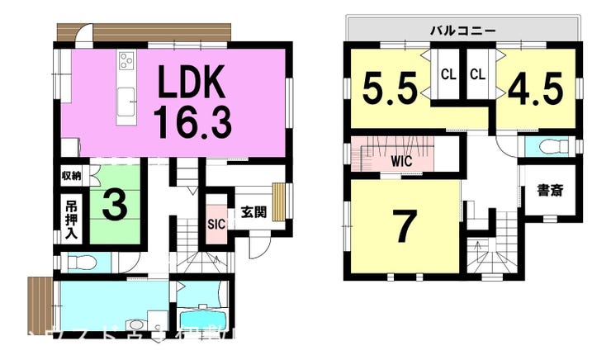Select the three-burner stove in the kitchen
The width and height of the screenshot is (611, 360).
[x=127, y=60]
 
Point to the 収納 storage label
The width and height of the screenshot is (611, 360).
[x=71, y=175]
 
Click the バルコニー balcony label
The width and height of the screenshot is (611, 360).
[x=462, y=30]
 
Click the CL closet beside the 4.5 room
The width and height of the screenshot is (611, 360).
[x=477, y=74]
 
